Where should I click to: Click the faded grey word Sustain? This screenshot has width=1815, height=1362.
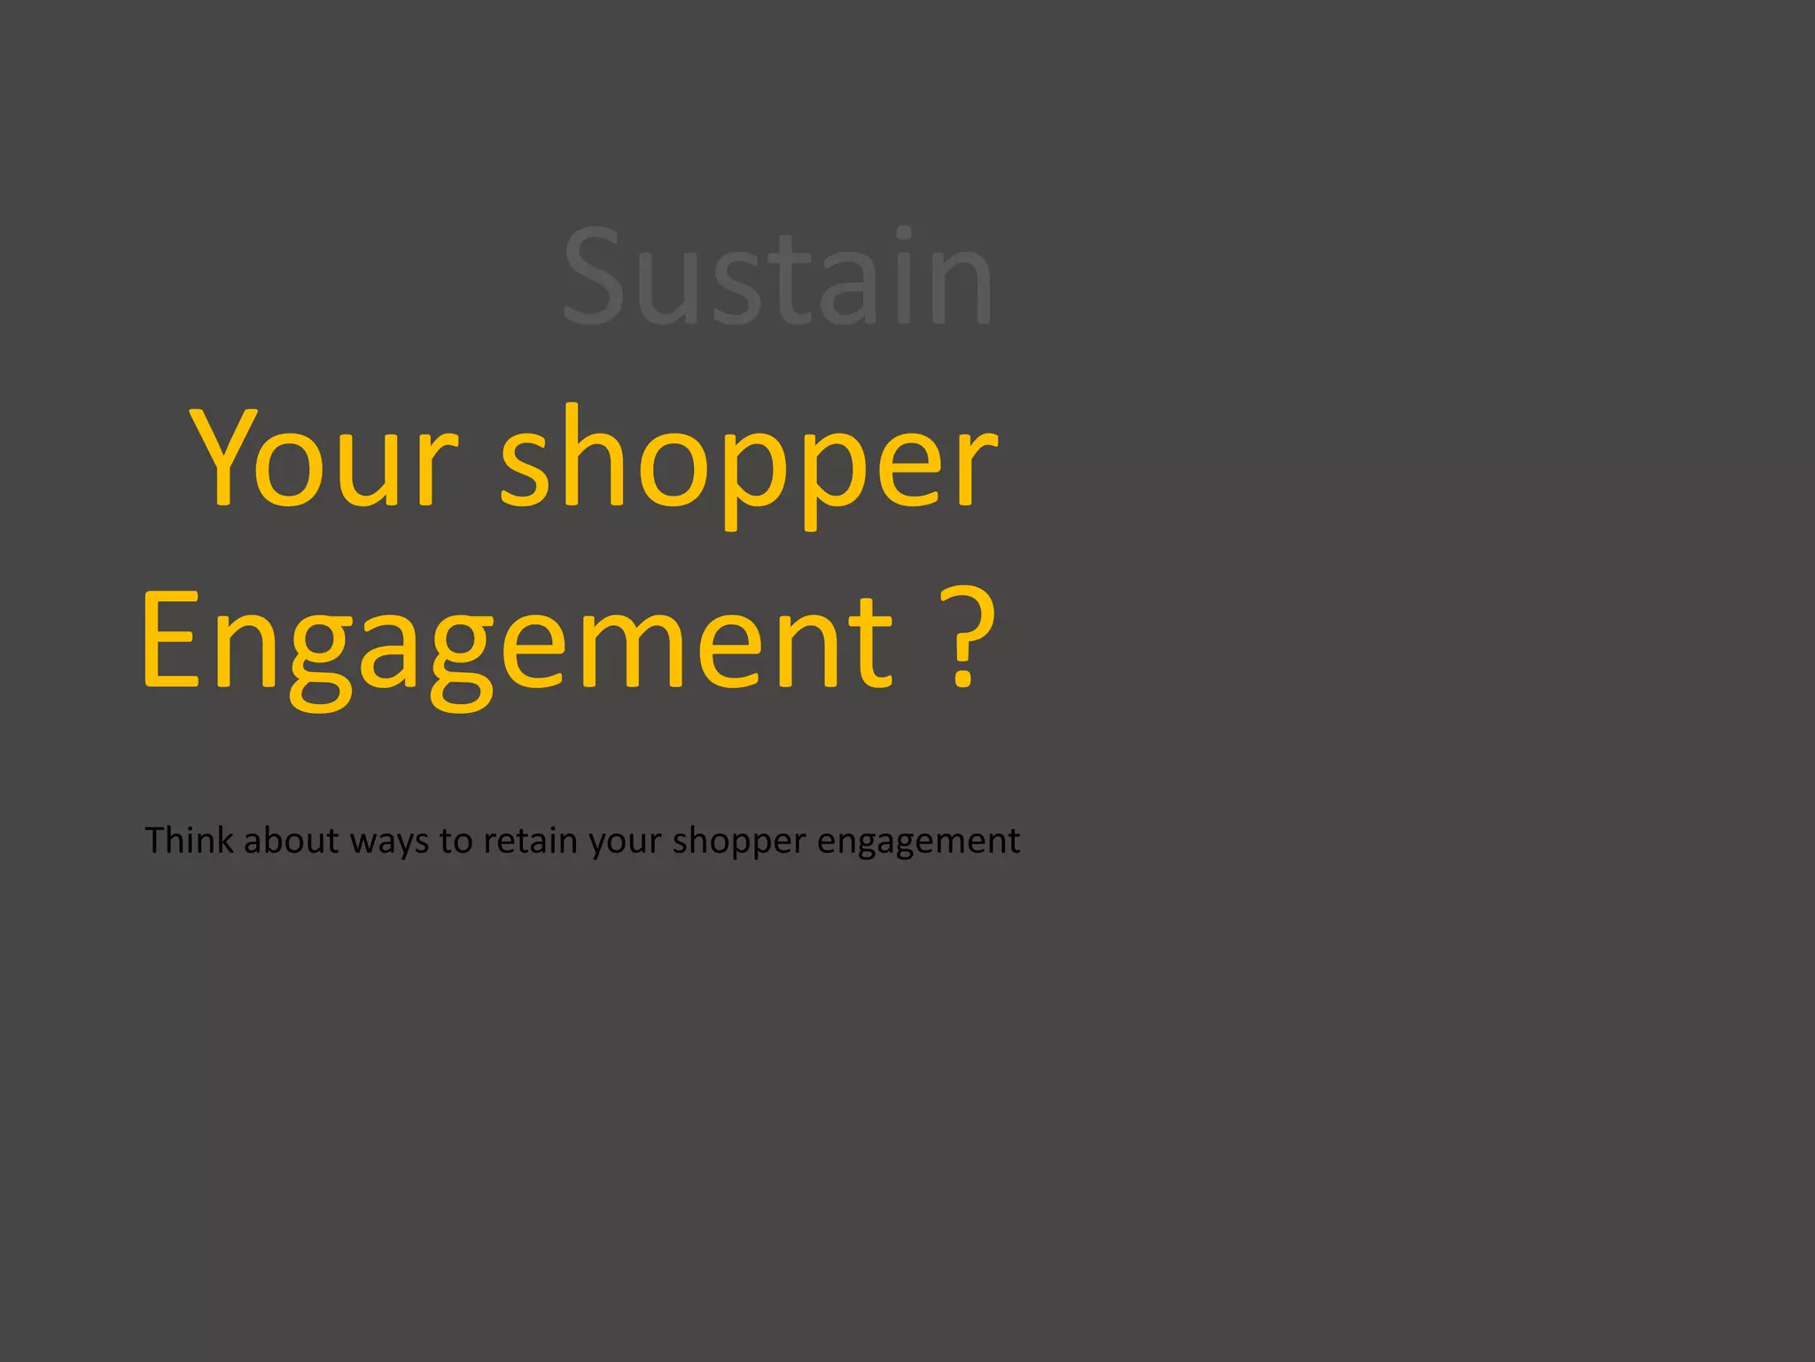[x=777, y=277]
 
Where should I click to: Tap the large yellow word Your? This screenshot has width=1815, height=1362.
[x=323, y=459]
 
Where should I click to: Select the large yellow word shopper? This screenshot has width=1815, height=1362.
[x=749, y=463]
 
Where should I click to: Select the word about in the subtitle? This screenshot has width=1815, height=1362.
[x=291, y=840]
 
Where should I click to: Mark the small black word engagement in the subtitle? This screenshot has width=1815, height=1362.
[x=918, y=842]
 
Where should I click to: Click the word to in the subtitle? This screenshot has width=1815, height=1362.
[x=456, y=841]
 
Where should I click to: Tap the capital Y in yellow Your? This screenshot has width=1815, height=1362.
[x=222, y=458]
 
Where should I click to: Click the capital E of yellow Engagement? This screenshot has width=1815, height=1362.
[x=171, y=638]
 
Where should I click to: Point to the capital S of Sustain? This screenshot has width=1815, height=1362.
[x=593, y=276]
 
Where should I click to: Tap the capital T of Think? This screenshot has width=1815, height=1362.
[x=155, y=839]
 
